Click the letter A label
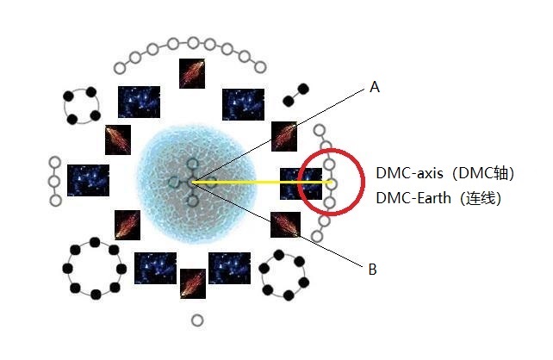click(374, 86)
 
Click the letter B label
click(372, 270)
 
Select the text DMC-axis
click(409, 173)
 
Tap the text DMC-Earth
click(413, 197)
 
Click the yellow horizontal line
click(258, 182)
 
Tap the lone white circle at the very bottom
click(197, 320)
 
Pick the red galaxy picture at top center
click(192, 72)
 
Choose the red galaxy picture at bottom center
click(191, 283)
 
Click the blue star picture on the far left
click(88, 180)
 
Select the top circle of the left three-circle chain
click(55, 162)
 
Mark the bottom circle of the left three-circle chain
click(55, 201)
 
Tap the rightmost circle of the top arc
click(258, 66)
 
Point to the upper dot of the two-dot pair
click(303, 87)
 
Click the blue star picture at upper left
click(139, 102)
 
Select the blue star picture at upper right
click(243, 104)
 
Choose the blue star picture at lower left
click(155, 268)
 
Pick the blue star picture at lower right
click(229, 268)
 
